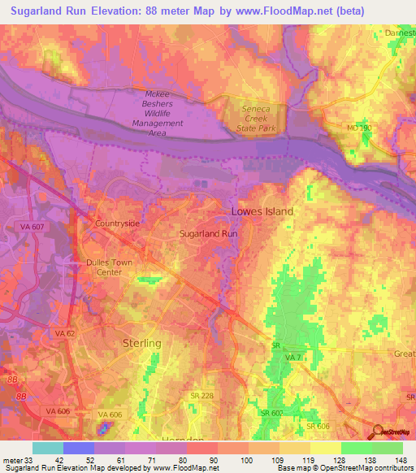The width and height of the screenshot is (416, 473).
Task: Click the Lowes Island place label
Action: (x=262, y=211)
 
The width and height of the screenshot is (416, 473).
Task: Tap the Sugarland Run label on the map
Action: (x=208, y=232)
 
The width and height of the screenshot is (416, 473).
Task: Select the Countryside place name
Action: (x=118, y=223)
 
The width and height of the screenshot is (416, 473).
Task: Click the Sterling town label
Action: (x=142, y=343)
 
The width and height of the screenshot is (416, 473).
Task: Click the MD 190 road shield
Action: (x=360, y=128)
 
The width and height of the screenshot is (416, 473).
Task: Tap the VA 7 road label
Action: (x=293, y=358)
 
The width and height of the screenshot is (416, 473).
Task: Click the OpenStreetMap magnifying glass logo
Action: (x=376, y=432)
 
